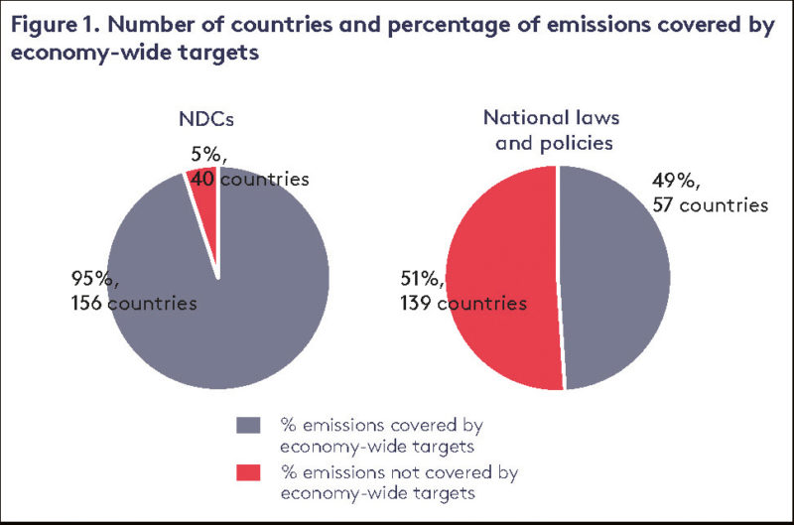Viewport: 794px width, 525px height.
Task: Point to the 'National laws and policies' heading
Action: (559, 129)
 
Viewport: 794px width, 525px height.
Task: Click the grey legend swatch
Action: (248, 425)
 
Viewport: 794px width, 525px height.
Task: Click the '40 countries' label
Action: (248, 179)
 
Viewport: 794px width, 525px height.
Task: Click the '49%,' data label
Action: (678, 182)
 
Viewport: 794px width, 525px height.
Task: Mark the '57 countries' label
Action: (710, 205)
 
